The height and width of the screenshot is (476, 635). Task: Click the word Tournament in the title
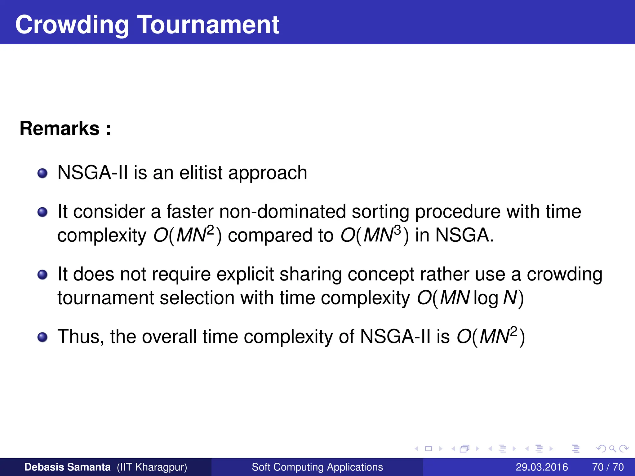pos(208,24)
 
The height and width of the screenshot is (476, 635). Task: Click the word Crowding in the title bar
pos(72,25)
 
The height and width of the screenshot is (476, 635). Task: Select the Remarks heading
pos(65,128)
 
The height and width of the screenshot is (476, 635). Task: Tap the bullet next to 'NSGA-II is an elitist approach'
pos(42,173)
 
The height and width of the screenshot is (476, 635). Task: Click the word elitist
pos(201,173)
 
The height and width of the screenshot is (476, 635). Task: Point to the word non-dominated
pos(282,212)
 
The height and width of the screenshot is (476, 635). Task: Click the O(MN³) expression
pos(375,235)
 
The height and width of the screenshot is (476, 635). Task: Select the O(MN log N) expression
pos(470,298)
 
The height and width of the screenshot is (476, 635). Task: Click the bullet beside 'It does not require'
pos(42,275)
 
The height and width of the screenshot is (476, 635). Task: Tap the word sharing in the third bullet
pos(310,275)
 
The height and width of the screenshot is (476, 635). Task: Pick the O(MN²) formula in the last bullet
pos(491,337)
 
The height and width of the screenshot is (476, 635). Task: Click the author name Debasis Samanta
pos(67,467)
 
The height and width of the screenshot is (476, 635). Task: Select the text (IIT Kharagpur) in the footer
pos(152,467)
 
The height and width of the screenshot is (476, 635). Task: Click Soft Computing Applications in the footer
pos(317,467)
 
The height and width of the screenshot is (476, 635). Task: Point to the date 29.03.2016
pos(542,467)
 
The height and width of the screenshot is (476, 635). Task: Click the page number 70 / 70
pos(608,467)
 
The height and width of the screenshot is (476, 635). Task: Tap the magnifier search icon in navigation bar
pos(612,449)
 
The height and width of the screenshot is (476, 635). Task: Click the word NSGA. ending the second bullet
pos(464,235)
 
